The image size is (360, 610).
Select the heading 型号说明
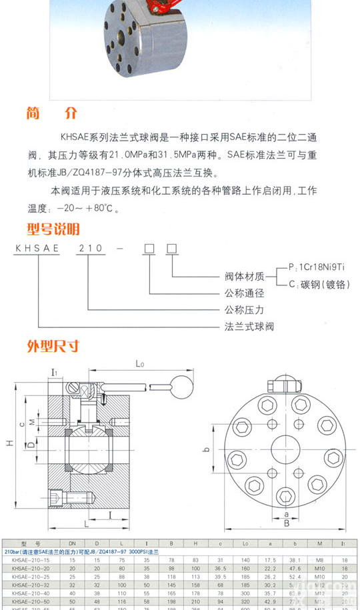[x=53, y=229]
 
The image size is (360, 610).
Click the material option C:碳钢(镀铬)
[x=319, y=284]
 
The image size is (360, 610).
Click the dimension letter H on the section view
[x=9, y=443]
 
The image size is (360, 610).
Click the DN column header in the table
[x=73, y=543]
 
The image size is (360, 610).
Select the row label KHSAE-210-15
[x=27, y=561]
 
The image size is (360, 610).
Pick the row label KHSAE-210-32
[x=27, y=583]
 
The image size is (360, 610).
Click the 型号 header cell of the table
[x=27, y=543]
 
